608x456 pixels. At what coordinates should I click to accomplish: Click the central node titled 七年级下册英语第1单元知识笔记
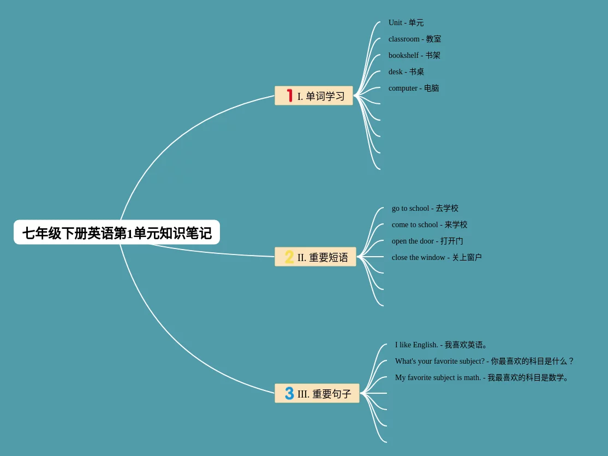click(x=117, y=233)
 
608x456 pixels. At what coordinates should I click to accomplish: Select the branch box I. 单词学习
click(x=314, y=96)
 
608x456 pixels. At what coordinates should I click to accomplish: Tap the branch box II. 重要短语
click(x=315, y=257)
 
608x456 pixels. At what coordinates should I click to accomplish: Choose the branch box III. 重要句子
click(x=317, y=394)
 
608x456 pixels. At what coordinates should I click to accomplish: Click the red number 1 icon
click(x=290, y=96)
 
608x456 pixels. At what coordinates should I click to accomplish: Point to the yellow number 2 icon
click(x=289, y=257)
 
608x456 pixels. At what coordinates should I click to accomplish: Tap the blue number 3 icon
click(x=289, y=393)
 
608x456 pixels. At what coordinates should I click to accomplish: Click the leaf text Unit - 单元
click(x=406, y=23)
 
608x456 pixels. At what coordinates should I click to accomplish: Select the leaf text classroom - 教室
click(x=415, y=39)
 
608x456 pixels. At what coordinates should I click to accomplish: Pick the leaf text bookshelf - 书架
click(x=414, y=56)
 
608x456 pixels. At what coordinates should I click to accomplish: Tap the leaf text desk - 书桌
click(x=406, y=72)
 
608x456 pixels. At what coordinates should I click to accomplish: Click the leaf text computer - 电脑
click(x=414, y=88)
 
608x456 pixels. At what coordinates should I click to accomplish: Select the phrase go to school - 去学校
click(x=425, y=209)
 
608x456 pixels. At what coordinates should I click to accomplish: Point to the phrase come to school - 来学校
click(x=430, y=225)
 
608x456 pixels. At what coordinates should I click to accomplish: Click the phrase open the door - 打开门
click(x=427, y=241)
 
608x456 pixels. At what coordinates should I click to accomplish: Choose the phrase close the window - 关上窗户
click(x=437, y=258)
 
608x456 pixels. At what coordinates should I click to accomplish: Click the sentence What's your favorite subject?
click(x=484, y=362)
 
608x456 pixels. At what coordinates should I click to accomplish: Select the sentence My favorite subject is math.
click(x=482, y=378)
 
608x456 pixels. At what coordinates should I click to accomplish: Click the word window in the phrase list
click(x=433, y=258)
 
